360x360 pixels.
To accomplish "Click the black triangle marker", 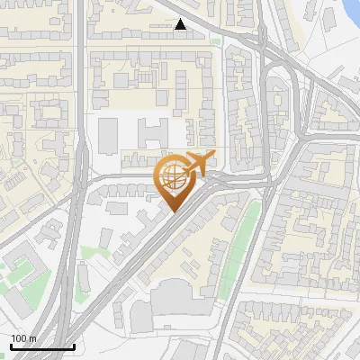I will click(181, 25).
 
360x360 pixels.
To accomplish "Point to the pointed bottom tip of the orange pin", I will click(174, 212).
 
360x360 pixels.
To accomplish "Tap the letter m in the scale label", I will click(34, 338).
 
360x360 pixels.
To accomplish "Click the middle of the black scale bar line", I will click(42, 346).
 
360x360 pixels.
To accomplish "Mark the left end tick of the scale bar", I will click(11, 346).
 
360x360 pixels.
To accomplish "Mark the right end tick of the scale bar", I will click(74, 346).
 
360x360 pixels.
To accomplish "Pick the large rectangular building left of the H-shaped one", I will click(108, 135).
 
